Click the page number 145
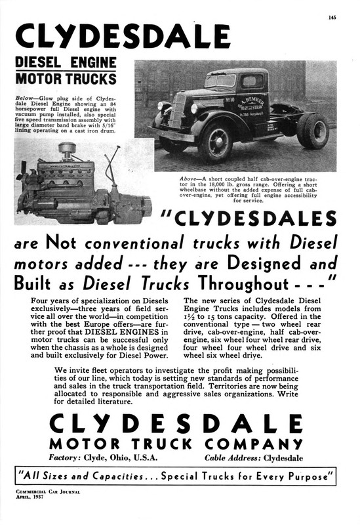[x=333, y=18]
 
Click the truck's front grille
[x=177, y=111]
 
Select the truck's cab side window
[x=251, y=82]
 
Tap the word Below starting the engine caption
[x=25, y=96]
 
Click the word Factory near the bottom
[x=67, y=457]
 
